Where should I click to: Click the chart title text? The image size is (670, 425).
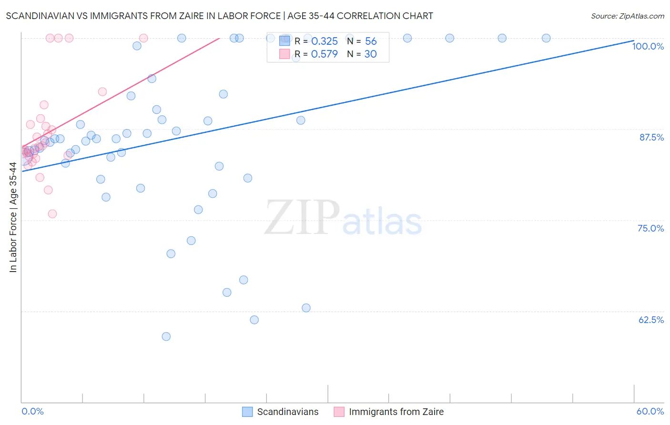[219, 16]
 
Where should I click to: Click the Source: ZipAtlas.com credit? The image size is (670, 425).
[627, 16]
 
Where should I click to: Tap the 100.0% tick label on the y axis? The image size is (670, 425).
[648, 46]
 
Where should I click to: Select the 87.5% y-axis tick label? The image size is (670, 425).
[651, 137]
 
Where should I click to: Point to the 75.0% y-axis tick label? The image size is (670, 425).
[650, 228]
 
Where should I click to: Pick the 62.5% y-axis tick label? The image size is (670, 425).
[651, 320]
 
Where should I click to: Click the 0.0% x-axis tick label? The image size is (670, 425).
[32, 411]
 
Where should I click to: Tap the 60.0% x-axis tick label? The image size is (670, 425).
[650, 411]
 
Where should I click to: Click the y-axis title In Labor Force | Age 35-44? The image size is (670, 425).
[13, 217]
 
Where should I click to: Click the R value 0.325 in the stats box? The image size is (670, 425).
[324, 41]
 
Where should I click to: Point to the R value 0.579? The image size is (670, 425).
[324, 54]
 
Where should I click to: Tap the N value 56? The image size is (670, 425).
[371, 41]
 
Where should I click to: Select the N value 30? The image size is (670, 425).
[370, 54]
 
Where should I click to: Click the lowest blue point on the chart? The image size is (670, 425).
[166, 336]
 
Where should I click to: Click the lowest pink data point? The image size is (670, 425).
[52, 214]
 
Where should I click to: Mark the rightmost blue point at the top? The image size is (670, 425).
[546, 38]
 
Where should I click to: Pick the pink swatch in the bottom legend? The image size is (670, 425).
[339, 412]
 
